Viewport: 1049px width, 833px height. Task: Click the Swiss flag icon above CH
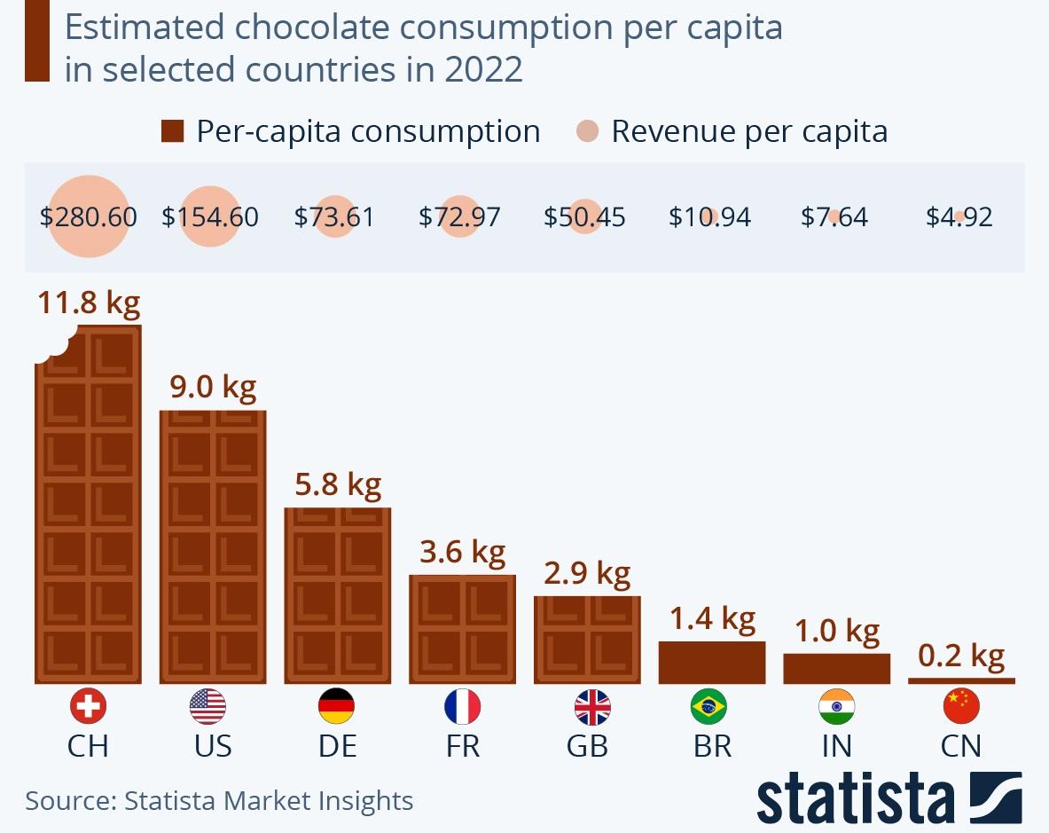[x=88, y=707]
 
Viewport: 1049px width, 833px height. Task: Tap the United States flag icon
[x=207, y=707]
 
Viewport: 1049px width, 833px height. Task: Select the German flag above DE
[x=336, y=707]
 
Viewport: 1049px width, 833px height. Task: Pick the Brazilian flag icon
[x=708, y=707]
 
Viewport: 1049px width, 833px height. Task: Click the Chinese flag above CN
[x=961, y=707]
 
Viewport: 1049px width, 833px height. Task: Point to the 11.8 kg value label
[x=89, y=303]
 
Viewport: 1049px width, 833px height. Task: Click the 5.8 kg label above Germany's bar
[x=337, y=484]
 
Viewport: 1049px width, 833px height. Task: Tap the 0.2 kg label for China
[x=961, y=656]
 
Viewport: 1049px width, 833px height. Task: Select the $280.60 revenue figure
[x=89, y=217]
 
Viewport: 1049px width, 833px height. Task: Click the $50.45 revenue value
[x=584, y=217]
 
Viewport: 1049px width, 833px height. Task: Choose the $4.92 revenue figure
[x=959, y=217]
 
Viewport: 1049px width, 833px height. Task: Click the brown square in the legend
[x=172, y=132]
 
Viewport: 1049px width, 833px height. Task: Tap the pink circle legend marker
[x=587, y=132]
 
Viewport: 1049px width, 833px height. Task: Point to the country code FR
[x=462, y=746]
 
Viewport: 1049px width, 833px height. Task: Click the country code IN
[x=836, y=746]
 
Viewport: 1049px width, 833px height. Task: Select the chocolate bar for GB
[x=586, y=640]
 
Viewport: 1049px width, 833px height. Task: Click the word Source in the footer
[x=66, y=801]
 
